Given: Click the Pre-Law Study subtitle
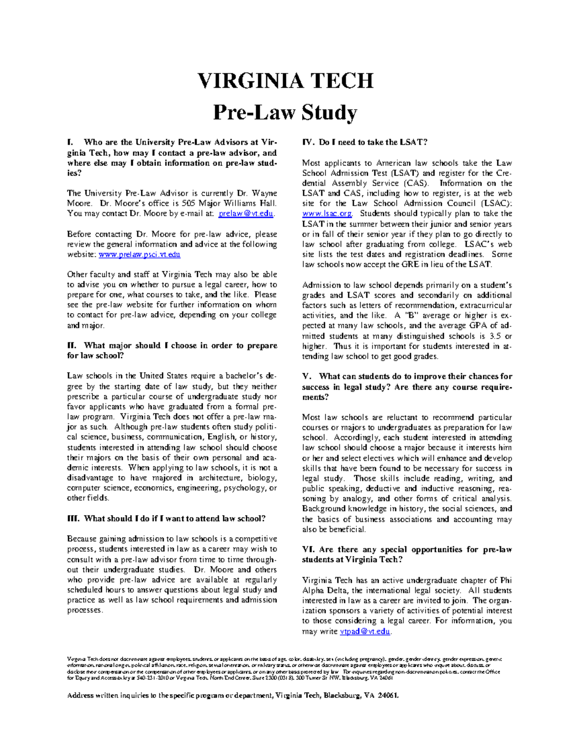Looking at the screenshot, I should pos(285,113).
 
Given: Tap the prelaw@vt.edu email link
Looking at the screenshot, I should pos(246,213).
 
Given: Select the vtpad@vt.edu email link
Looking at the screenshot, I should pos(365,631).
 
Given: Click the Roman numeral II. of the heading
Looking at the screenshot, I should pos(71,345).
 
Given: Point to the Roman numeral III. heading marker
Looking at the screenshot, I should pos(73,518).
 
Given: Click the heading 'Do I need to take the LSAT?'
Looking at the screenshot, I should pos(373,142).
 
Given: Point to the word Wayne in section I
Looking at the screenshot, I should pos(264,193).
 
